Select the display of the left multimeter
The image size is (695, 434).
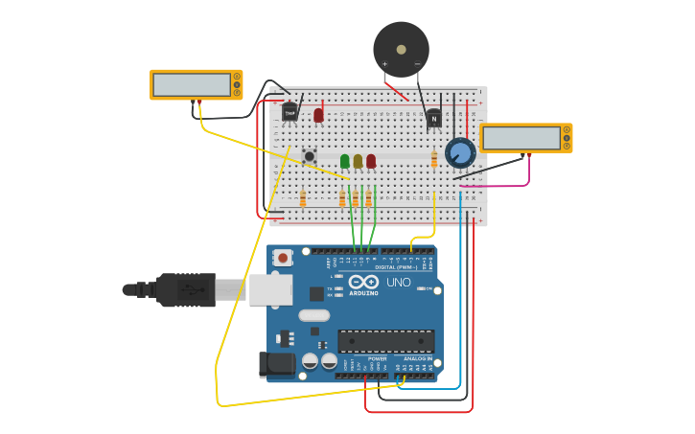pyautogui.click(x=191, y=84)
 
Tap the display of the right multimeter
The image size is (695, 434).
pyautogui.click(x=521, y=138)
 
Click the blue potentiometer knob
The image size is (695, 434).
pyautogui.click(x=460, y=152)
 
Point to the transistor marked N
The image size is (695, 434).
pyautogui.click(x=433, y=118)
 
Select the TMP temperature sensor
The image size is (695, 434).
pyautogui.click(x=290, y=112)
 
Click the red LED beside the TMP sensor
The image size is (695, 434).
pyautogui.click(x=318, y=115)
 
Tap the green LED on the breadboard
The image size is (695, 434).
pyautogui.click(x=345, y=161)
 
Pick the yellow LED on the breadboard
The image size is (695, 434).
pyautogui.click(x=358, y=161)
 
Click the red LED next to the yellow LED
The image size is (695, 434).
pyautogui.click(x=371, y=161)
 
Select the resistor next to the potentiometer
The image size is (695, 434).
pyautogui.click(x=434, y=159)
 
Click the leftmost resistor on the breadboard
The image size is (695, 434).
pyautogui.click(x=303, y=198)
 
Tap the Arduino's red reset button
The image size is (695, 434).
pyautogui.click(x=282, y=257)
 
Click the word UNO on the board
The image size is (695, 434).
pyautogui.click(x=398, y=282)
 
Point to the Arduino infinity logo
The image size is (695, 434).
pyautogui.click(x=363, y=281)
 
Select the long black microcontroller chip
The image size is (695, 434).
pyautogui.click(x=385, y=341)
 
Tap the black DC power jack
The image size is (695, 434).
pyautogui.click(x=277, y=363)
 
